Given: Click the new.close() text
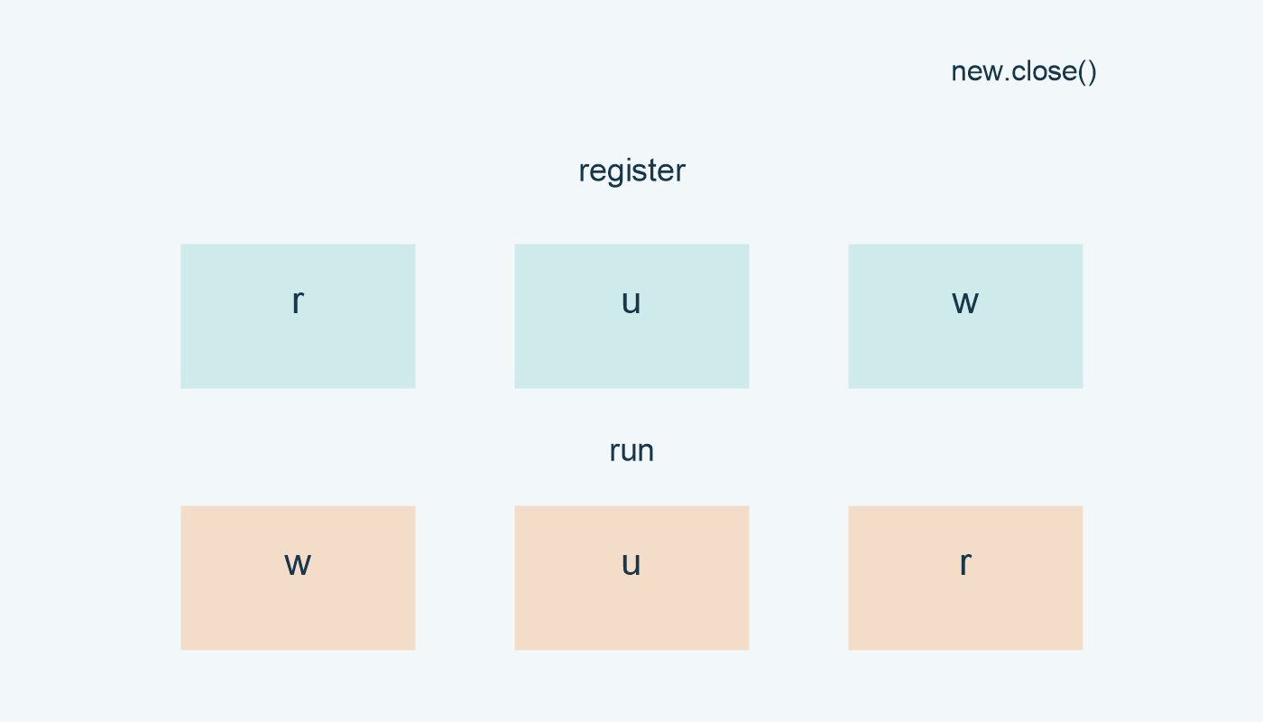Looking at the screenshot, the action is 1023,72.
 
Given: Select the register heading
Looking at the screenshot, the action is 631,171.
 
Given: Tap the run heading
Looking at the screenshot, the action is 631,451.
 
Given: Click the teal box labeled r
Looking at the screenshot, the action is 298,316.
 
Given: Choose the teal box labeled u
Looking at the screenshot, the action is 631,316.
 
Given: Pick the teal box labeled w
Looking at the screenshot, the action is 965,316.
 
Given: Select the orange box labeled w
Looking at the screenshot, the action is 298,578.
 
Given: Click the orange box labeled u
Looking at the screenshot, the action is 631,578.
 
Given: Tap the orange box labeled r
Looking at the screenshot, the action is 965,578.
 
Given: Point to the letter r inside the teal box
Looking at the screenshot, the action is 299,302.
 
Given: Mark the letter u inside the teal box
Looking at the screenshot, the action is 631,302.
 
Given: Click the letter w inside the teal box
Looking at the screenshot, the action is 965,302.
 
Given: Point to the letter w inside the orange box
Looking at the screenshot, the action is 298,564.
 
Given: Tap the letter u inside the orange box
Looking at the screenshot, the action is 631,564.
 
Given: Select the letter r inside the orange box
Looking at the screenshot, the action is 966,564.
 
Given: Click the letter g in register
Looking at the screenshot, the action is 616,173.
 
